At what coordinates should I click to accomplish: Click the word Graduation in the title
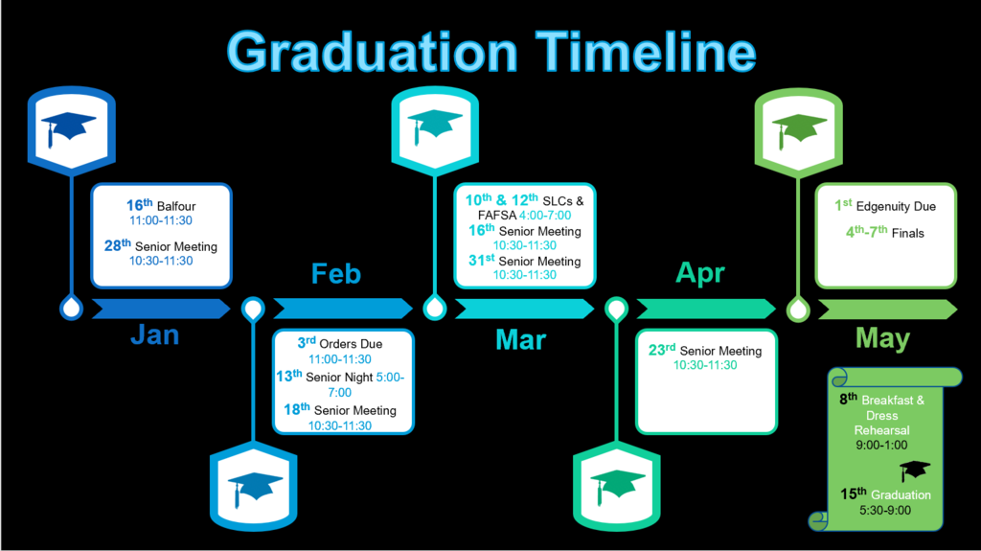coord(373,52)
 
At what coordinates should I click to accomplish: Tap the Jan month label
coord(154,335)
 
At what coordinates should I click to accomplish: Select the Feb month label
coord(336,274)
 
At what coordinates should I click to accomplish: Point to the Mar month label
coord(520,340)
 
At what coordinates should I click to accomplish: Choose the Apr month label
coord(700,274)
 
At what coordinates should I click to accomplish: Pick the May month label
coord(882,338)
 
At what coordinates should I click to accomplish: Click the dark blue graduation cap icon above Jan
coord(68,128)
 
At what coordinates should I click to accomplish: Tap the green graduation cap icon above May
coord(799,130)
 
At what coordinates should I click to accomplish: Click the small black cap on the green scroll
coord(915,471)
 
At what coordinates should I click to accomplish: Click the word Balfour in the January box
coord(176,206)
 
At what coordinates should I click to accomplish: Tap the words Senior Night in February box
coord(339,377)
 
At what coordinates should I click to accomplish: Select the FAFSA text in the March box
coord(497,216)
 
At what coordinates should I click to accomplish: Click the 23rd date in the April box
coord(661,350)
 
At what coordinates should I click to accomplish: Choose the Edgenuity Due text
coord(896,207)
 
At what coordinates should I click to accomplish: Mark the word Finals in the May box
coord(908,233)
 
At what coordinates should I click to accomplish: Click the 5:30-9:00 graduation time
coord(884,511)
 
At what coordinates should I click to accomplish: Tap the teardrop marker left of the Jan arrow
coord(71,308)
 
